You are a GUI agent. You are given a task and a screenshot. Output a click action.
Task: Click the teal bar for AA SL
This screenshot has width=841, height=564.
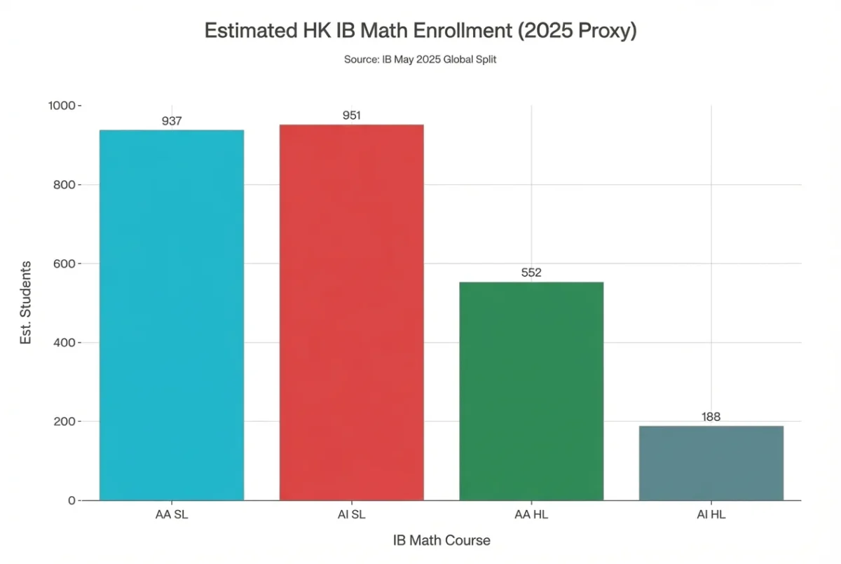click(x=172, y=315)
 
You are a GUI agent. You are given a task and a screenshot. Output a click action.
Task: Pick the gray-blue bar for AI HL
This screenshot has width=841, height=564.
click(x=711, y=463)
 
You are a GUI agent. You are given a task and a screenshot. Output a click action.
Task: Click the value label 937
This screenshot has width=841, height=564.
click(x=172, y=121)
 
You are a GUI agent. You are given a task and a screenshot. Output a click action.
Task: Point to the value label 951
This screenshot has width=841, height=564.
click(x=351, y=115)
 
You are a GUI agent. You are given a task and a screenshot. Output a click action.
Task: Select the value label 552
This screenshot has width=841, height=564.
click(x=531, y=273)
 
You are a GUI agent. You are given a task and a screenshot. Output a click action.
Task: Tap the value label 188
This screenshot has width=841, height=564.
click(x=711, y=417)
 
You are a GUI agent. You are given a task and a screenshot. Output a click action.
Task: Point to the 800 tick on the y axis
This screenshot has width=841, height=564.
click(x=64, y=185)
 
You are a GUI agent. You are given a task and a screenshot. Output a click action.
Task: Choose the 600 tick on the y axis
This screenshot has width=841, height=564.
click(x=64, y=264)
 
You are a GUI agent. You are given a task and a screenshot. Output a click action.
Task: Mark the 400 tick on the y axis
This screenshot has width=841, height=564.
click(x=64, y=343)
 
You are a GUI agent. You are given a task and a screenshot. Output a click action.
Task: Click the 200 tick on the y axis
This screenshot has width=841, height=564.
click(x=64, y=422)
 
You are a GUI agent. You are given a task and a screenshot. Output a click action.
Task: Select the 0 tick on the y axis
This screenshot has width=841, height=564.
click(x=71, y=501)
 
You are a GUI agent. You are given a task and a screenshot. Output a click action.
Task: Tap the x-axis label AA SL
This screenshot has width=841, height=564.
click(x=172, y=515)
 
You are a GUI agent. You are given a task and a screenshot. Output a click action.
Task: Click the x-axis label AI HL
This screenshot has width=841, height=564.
click(x=711, y=515)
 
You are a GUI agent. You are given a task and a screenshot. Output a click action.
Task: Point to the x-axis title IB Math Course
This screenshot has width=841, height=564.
click(x=441, y=540)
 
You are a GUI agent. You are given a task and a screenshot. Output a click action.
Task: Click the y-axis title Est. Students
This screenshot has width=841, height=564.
click(x=26, y=303)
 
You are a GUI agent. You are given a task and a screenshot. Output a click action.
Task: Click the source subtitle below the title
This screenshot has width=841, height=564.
click(x=420, y=60)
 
